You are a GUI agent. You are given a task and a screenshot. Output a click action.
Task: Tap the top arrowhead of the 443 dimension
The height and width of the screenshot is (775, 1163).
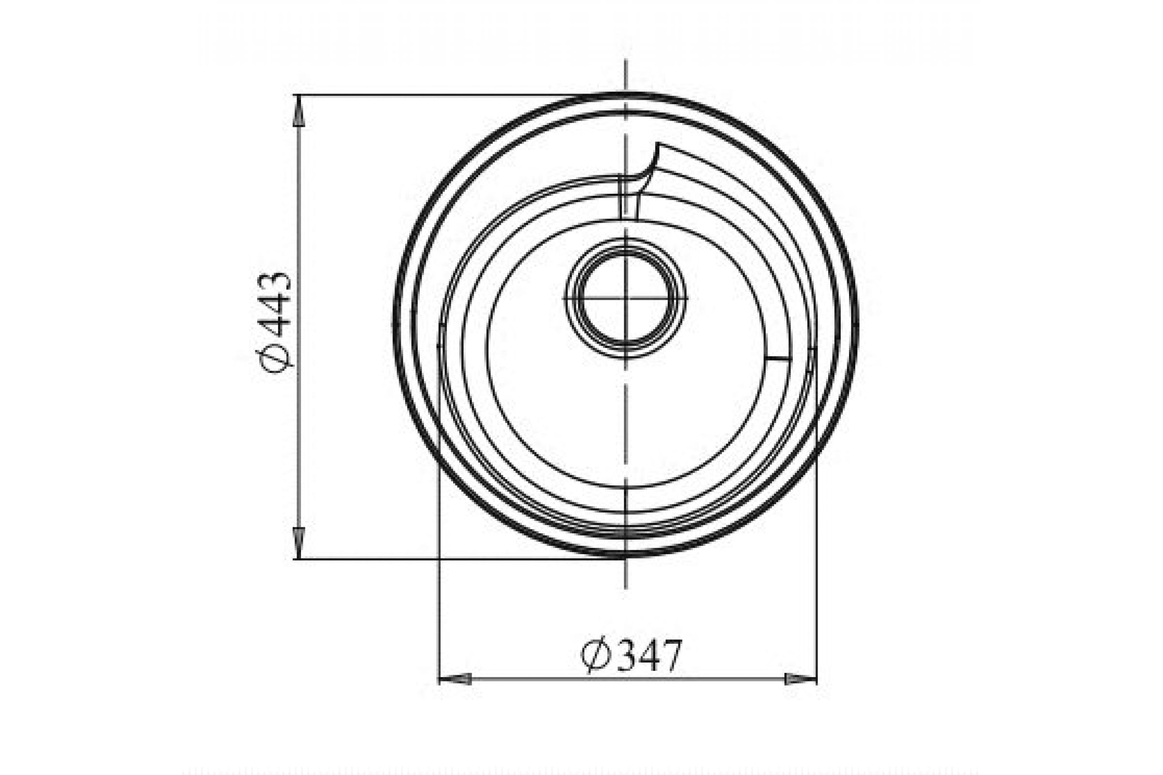coord(299,111)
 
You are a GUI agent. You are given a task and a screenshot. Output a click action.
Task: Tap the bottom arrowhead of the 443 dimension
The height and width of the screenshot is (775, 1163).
coord(299,542)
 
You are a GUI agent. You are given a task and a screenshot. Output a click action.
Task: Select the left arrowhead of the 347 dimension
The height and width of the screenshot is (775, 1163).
coord(455,679)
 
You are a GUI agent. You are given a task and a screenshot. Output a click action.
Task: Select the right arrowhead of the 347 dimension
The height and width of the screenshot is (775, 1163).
coord(801,679)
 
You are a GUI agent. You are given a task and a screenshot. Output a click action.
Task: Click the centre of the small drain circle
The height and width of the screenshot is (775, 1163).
coord(626,298)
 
